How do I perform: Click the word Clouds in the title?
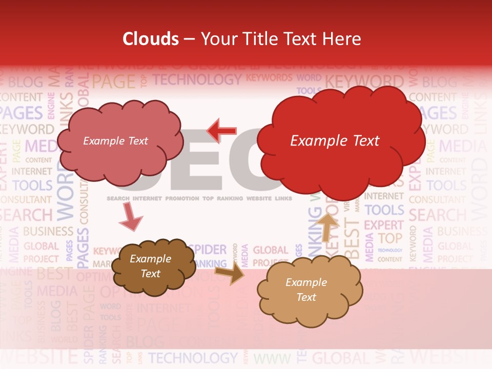point(151,39)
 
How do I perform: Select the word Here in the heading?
point(343,39)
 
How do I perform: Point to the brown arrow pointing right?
point(229,273)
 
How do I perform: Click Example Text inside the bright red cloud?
point(335,141)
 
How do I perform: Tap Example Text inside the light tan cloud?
point(306,290)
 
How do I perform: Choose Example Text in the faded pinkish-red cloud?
point(115,141)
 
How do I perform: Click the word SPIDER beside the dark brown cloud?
point(208,250)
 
